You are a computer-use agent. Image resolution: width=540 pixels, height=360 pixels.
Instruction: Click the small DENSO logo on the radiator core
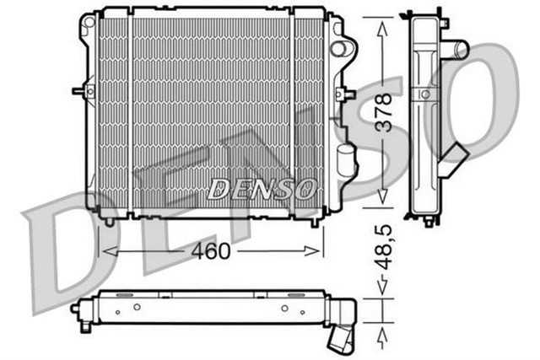click(262, 188)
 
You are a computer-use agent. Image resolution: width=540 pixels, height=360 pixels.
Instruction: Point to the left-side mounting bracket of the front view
click(81, 89)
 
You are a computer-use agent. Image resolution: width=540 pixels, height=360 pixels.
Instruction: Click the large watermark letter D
click(59, 244)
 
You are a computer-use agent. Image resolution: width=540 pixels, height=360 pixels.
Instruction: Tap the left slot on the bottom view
click(122, 294)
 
